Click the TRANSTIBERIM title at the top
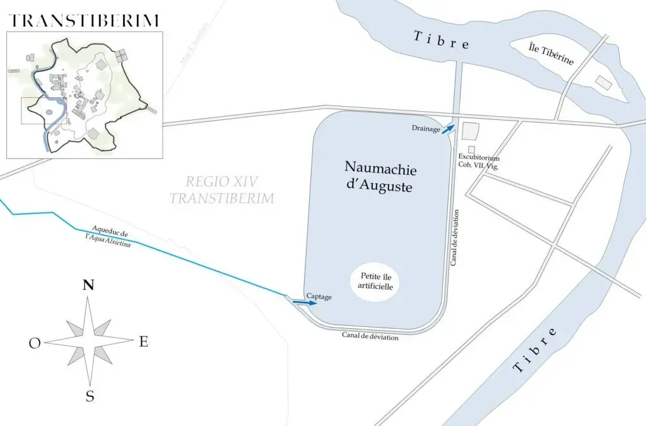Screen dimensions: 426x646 coord(84,20)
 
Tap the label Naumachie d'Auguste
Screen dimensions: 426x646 coord(380,177)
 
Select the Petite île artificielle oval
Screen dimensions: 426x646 coord(376,281)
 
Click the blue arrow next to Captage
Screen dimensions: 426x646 coord(305,303)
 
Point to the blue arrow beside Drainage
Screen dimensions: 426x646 coord(447,129)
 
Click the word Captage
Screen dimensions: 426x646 coord(319,296)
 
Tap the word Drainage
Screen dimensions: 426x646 coord(426,127)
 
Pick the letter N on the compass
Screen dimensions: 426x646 coord(89,285)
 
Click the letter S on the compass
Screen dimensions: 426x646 coord(90,396)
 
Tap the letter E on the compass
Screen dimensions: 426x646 coord(143,341)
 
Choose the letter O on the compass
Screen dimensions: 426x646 coord(35,343)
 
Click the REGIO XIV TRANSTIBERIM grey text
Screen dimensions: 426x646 coord(221,190)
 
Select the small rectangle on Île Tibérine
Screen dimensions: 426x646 coord(603,82)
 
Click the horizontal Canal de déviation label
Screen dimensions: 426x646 coord(370,336)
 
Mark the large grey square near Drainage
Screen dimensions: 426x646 coord(471,131)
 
